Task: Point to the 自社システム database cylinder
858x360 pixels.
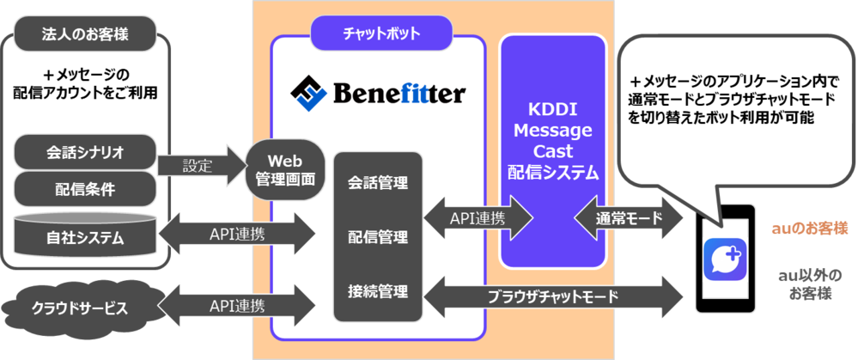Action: (85, 235)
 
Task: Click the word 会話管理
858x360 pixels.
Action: (378, 183)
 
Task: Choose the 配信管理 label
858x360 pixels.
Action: (378, 235)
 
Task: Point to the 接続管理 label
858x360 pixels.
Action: (378, 290)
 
